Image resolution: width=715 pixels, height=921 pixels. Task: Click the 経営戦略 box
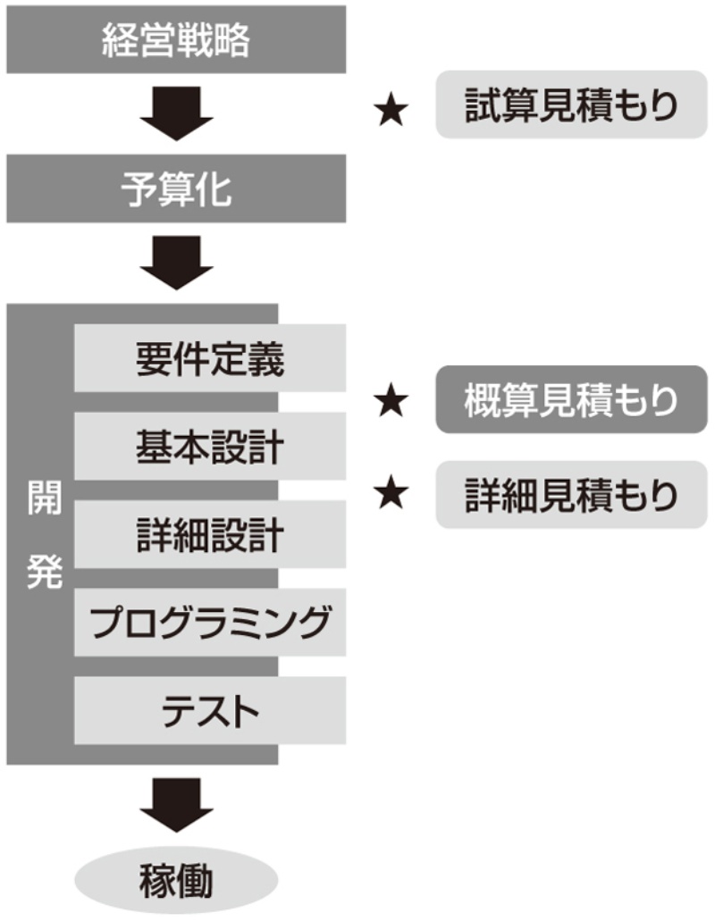pyautogui.click(x=176, y=40)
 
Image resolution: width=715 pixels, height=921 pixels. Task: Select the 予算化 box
pyautogui.click(x=176, y=188)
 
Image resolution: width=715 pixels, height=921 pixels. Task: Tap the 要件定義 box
pyautogui.click(x=210, y=358)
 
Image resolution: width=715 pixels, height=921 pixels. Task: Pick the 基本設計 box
pyautogui.click(x=210, y=446)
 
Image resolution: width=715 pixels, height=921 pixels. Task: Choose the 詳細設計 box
pyautogui.click(x=210, y=534)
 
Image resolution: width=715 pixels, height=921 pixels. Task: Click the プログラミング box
pyautogui.click(x=210, y=622)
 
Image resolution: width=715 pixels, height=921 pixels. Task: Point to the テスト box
pyautogui.click(x=210, y=710)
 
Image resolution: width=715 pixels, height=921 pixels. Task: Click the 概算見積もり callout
pyautogui.click(x=571, y=399)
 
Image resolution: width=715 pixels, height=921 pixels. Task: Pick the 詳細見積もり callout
pyautogui.click(x=571, y=494)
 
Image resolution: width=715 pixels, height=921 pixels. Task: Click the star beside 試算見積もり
pyautogui.click(x=391, y=111)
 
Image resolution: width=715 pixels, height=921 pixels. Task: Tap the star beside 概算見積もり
pyautogui.click(x=391, y=402)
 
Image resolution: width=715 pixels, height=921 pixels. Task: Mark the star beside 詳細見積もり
pyautogui.click(x=391, y=494)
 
